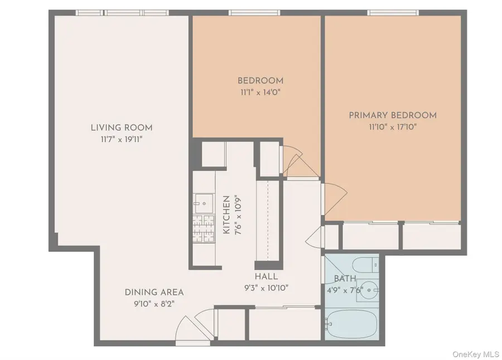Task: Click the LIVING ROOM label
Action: [122, 128]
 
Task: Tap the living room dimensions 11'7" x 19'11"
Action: [122, 139]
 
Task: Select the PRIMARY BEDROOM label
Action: [393, 115]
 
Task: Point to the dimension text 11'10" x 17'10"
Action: [393, 127]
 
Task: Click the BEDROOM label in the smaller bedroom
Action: [260, 81]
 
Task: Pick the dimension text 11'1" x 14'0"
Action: [260, 92]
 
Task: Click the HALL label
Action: [266, 276]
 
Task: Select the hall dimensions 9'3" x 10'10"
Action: [266, 288]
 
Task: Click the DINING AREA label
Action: [154, 292]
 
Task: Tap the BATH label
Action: [344, 279]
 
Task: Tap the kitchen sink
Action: [201, 200]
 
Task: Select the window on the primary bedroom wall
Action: [393, 12]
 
